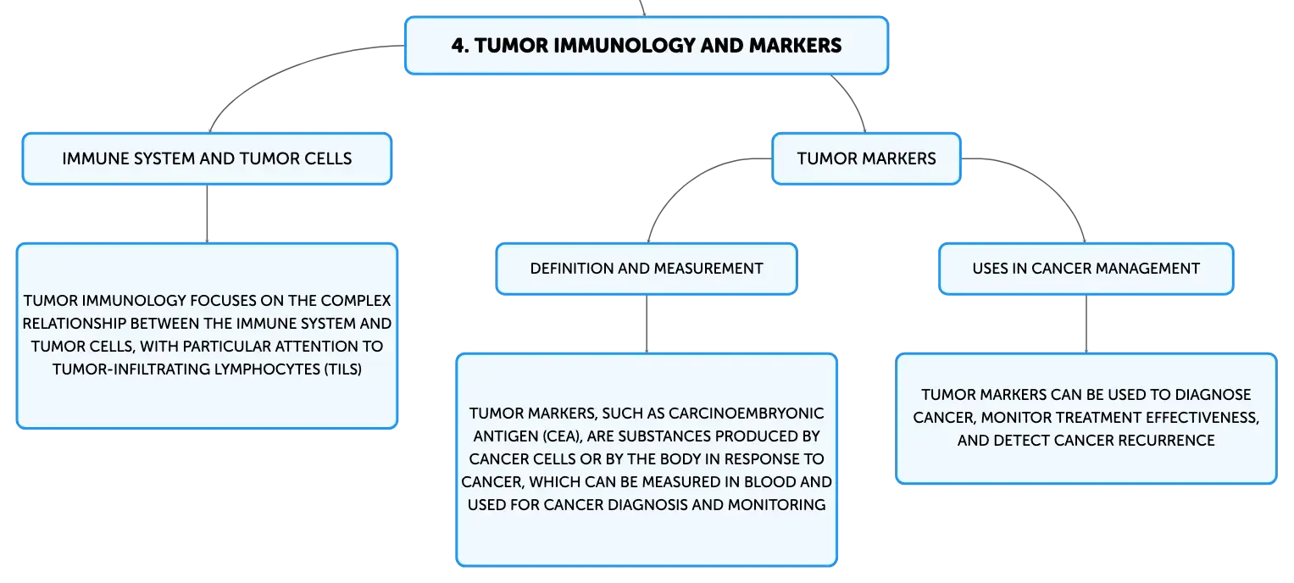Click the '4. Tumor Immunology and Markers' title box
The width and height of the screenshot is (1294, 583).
coord(647,45)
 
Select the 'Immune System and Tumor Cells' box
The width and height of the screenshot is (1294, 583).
coord(207,158)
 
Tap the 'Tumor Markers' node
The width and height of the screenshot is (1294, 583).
coord(866,158)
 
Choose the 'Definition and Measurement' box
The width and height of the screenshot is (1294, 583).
coord(647,269)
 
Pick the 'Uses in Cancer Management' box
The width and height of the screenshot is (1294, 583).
coord(1086,269)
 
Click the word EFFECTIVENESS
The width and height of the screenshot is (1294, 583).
coord(1202,418)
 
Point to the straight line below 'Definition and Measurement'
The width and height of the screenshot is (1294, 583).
coord(647,325)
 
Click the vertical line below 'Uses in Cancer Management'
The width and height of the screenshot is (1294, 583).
coord(1086,325)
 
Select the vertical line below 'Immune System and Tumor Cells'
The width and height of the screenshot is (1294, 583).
coord(207,214)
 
